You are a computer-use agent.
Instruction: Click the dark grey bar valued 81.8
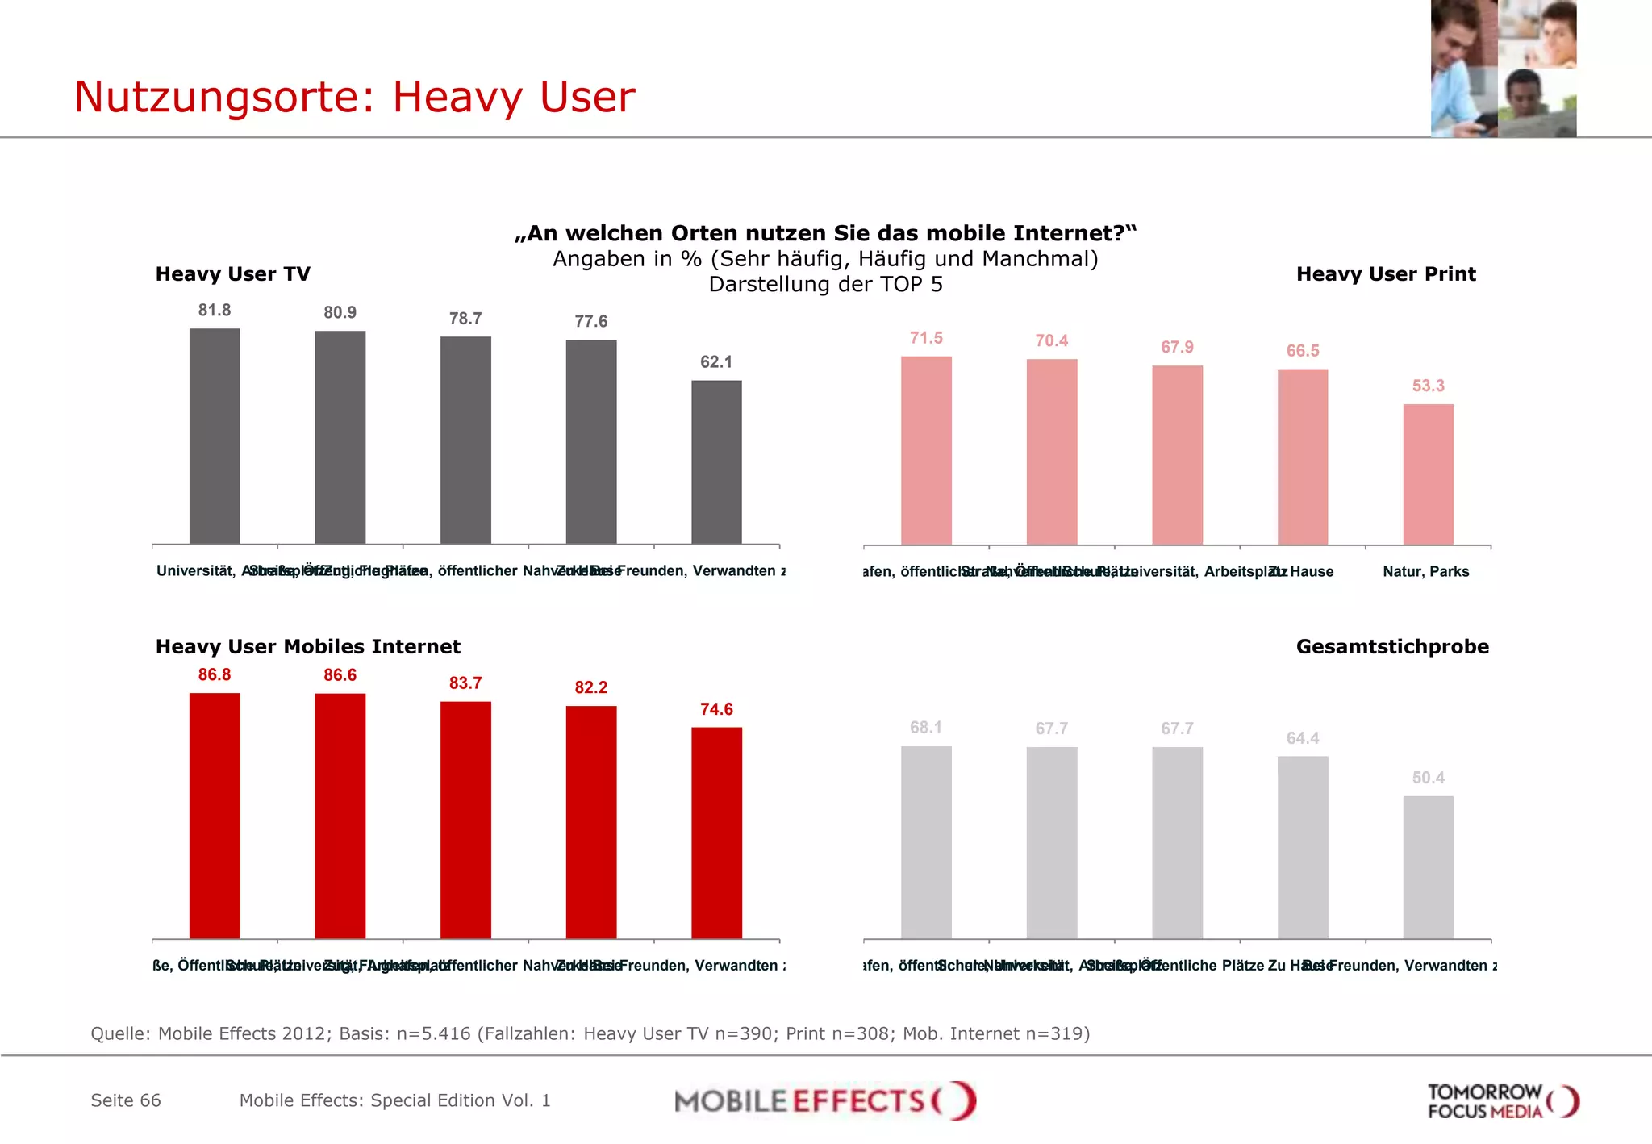coord(215,436)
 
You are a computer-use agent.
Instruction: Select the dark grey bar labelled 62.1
coord(716,461)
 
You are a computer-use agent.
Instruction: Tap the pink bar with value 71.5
coord(926,450)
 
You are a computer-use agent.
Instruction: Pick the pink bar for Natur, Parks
coord(1428,474)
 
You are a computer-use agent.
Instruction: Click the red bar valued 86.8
coord(215,815)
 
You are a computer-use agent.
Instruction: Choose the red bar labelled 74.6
coord(716,833)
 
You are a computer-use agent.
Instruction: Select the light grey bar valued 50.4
coord(1428,867)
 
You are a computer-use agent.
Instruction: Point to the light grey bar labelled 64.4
coord(1303,847)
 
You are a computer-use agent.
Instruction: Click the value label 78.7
coord(465,319)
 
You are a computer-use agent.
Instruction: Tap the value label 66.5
coord(1303,351)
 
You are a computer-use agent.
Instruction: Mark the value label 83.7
coord(465,683)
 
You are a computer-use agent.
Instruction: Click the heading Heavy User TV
coord(232,274)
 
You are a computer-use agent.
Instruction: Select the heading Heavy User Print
coord(1386,274)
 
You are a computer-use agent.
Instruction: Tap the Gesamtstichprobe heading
coord(1392,647)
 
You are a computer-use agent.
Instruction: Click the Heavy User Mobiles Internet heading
coord(307,647)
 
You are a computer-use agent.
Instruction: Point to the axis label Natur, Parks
coord(1425,572)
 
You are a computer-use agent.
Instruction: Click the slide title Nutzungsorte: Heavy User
coord(354,97)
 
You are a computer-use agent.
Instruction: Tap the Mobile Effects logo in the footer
coord(824,1101)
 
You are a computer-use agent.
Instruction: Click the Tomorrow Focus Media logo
coord(1502,1101)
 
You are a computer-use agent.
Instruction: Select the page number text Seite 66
coord(126,1100)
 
